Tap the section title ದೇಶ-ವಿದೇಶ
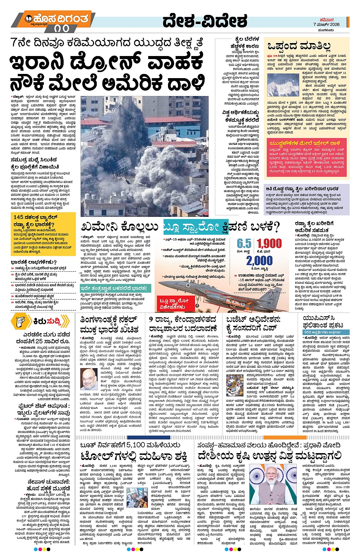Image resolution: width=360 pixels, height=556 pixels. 205,21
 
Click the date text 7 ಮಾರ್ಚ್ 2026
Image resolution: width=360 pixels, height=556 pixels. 326,24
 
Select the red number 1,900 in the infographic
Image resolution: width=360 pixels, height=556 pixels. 269,244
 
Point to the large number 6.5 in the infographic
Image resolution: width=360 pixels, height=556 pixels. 244,244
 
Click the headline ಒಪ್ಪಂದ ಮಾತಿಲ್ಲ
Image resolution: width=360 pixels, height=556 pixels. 299,46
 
